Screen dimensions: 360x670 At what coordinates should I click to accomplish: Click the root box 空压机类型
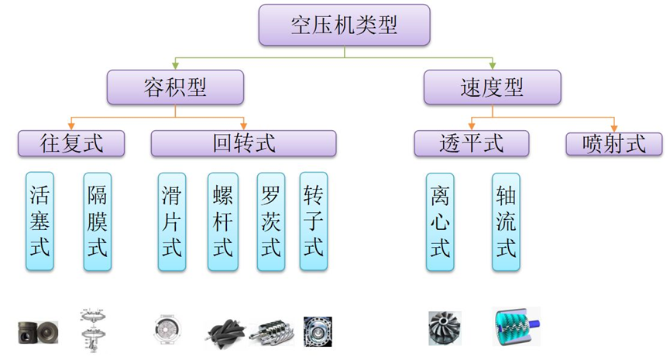pos(334,26)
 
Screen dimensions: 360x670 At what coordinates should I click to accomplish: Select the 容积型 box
pos(175,87)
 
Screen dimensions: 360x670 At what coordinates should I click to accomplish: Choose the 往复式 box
pos(70,143)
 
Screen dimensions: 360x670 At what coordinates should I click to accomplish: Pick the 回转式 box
pos(243,143)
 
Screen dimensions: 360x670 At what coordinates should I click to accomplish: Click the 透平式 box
pos(471,143)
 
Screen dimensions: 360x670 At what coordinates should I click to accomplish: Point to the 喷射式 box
pos(614,144)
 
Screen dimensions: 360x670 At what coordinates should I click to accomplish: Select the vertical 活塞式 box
pos(40,221)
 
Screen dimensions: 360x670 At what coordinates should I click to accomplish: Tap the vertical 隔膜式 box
pos(98,221)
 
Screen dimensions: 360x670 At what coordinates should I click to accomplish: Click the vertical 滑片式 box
pos(171,221)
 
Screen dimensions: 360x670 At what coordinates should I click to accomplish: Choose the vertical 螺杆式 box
pos(222,221)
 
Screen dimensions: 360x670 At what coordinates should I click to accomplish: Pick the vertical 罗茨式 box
pos(270,221)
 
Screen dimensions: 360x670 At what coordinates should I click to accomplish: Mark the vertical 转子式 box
pos(313,221)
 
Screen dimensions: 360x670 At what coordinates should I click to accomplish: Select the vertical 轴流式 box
pos(505,221)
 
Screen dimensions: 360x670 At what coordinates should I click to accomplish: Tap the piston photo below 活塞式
pos(38,329)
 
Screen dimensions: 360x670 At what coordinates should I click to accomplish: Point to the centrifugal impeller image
pos(445,327)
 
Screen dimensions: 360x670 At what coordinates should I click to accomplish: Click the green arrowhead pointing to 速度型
pos(491,65)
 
